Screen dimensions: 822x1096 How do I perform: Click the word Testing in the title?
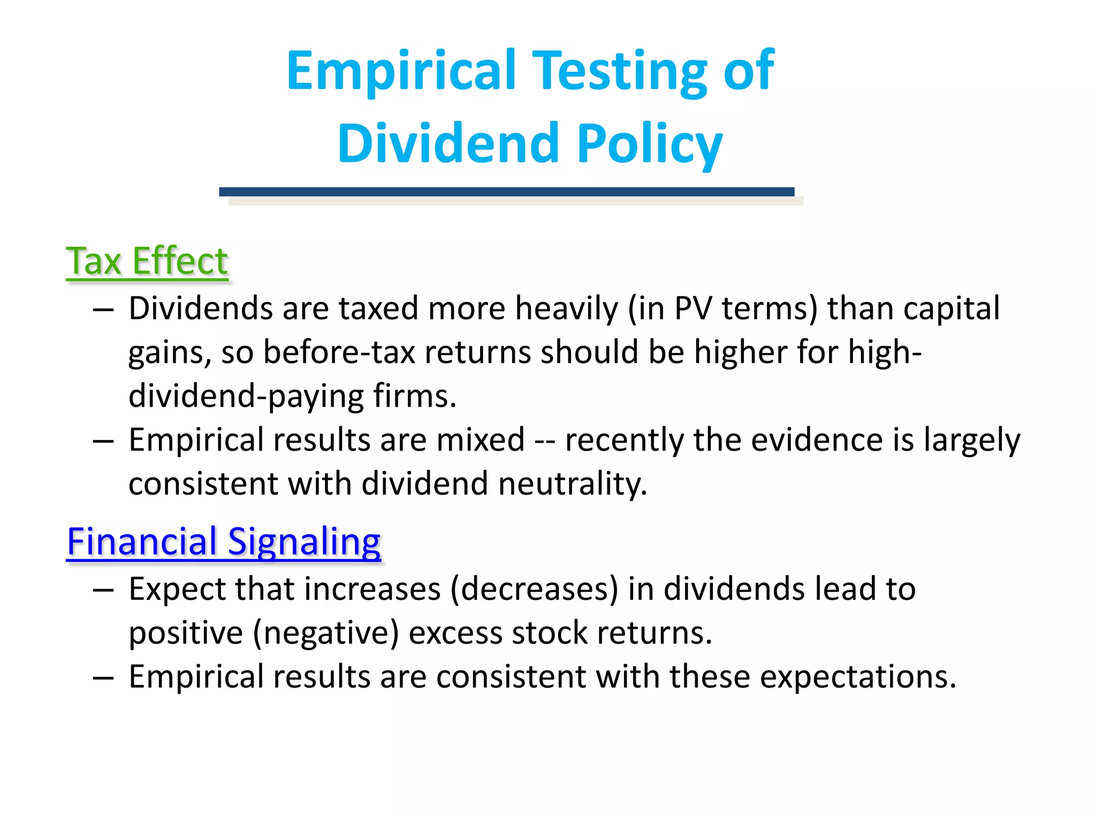tap(621, 71)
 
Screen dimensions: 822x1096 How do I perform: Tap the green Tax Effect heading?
tap(147, 261)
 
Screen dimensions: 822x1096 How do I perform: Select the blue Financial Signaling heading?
tap(224, 542)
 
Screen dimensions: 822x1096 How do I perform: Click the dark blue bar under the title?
tap(506, 192)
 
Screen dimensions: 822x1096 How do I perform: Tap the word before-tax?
tap(339, 353)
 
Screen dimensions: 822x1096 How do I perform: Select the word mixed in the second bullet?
tap(480, 440)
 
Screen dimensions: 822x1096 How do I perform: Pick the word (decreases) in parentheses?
tap(534, 589)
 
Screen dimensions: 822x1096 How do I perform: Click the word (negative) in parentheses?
tap(325, 633)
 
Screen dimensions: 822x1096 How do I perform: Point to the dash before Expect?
tap(103, 590)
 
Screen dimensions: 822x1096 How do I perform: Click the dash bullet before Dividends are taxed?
tap(103, 309)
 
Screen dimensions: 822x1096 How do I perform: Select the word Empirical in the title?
tap(401, 71)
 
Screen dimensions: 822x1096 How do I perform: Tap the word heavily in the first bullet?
tap(566, 309)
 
